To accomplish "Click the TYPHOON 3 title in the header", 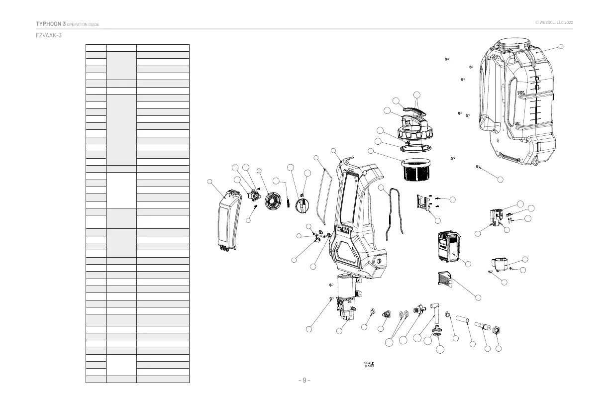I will pos(51,23).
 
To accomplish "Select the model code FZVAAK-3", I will pos(49,36).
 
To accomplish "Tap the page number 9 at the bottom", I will pos(304,381).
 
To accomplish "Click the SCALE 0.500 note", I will pos(369,365).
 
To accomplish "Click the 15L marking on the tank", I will pos(521,93).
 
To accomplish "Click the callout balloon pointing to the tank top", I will pos(560,46).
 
